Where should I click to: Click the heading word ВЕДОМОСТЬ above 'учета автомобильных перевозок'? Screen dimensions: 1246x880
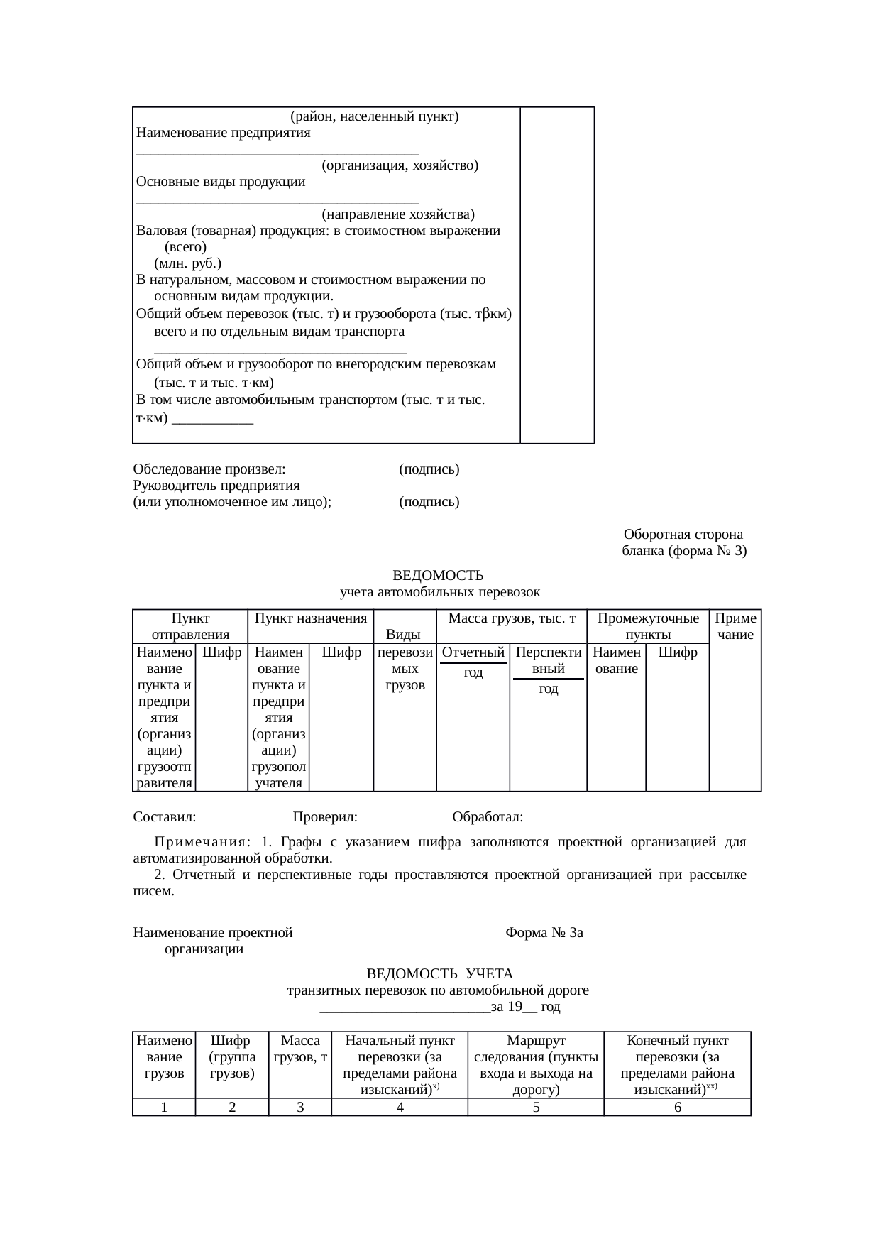(x=438, y=575)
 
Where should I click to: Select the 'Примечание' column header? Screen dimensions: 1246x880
(x=735, y=626)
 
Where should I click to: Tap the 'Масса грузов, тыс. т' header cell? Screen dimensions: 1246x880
(x=511, y=618)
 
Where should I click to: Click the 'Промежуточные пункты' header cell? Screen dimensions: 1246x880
(x=647, y=626)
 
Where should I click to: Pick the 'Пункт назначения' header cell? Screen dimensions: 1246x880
(x=310, y=618)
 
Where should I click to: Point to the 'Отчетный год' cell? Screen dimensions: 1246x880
(x=473, y=662)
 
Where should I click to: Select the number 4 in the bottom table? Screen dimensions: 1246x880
(x=400, y=1107)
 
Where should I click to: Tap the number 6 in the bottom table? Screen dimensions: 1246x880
(x=677, y=1107)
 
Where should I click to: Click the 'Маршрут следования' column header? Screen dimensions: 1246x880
(x=536, y=1065)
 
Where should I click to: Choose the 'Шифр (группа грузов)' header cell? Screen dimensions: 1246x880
(x=232, y=1057)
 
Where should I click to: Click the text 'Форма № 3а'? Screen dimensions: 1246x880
(x=544, y=933)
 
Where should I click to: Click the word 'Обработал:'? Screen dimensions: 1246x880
(x=488, y=817)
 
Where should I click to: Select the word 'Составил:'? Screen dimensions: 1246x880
(x=165, y=817)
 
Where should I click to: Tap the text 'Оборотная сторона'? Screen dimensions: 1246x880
(x=683, y=534)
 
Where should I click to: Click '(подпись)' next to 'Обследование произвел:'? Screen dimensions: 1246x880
(x=429, y=469)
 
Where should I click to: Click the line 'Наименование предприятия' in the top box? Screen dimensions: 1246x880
(x=224, y=133)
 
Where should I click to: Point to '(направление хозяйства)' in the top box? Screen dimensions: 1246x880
(x=397, y=214)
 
